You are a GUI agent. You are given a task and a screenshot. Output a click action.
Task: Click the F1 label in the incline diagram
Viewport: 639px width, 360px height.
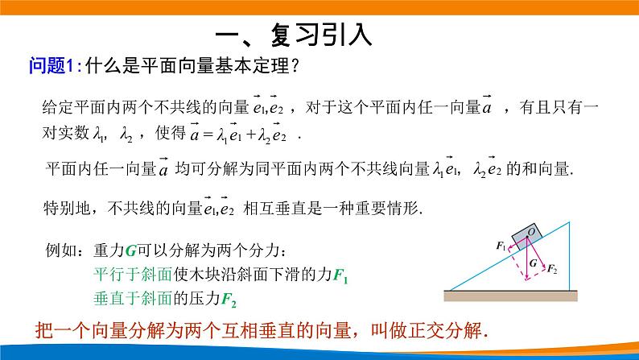[x=502, y=246]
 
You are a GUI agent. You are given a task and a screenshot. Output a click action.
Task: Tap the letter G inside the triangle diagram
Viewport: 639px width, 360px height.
[x=533, y=263]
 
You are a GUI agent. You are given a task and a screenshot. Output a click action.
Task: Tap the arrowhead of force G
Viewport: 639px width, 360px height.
[x=527, y=278]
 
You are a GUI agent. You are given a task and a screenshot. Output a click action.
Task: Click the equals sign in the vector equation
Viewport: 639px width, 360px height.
[x=211, y=134]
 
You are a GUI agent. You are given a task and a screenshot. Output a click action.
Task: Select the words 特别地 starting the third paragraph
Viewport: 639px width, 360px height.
[x=69, y=207]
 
